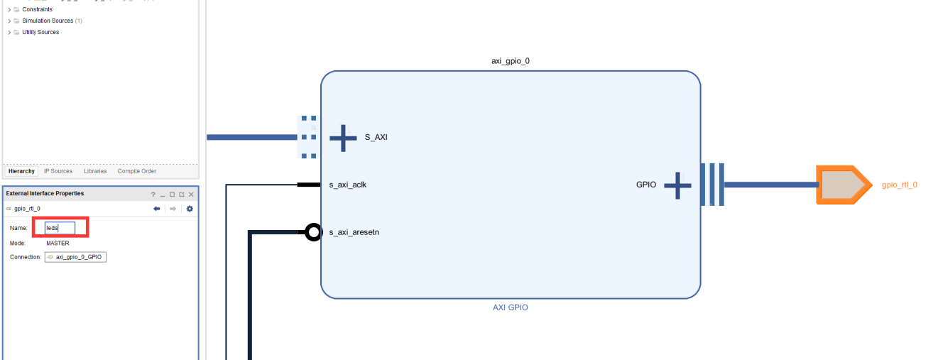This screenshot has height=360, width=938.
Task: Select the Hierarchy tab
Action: tap(21, 171)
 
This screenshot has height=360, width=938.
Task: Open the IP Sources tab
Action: tap(58, 171)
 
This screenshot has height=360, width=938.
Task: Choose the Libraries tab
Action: tap(95, 171)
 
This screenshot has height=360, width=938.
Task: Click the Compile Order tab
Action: tap(136, 171)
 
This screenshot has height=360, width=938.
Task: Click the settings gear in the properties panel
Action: tap(190, 209)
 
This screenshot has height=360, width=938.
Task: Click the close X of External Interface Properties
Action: tap(191, 194)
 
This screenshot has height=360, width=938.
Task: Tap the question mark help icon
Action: tap(153, 194)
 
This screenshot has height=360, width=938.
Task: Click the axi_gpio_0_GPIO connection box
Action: tap(75, 257)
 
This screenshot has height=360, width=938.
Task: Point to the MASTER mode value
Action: tap(58, 243)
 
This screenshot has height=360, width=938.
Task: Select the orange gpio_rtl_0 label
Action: tap(899, 185)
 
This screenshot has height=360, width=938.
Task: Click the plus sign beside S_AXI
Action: tap(343, 137)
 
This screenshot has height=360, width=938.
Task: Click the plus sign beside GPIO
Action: tap(677, 185)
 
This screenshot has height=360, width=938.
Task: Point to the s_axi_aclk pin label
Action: tap(348, 185)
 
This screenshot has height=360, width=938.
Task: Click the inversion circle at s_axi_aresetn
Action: tap(313, 232)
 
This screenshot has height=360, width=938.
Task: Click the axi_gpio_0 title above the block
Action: tap(510, 61)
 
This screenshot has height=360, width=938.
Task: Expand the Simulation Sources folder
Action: tap(9, 21)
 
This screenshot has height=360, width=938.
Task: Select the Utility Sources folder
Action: tap(40, 32)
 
